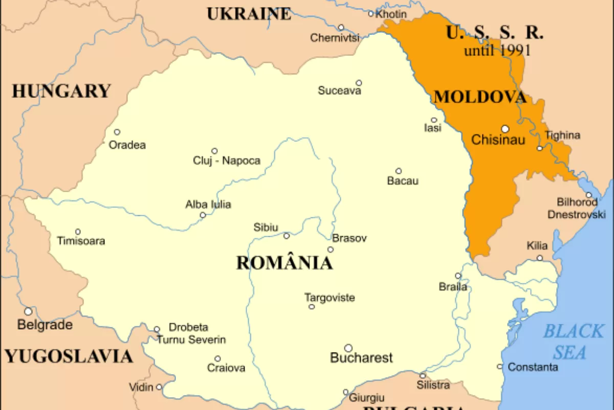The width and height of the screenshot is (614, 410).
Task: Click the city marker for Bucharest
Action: pos(348,348)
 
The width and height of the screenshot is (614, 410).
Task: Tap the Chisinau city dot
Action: pos(505,129)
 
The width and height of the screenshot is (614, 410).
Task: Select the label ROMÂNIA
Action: pos(284,263)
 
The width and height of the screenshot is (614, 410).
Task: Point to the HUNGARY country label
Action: pos(61,91)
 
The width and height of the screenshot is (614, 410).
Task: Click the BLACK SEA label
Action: pos(573,341)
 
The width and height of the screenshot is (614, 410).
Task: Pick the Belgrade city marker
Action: pos(28,311)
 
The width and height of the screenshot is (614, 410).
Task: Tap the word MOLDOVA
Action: pos(480,97)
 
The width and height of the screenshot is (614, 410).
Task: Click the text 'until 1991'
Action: pos(497,51)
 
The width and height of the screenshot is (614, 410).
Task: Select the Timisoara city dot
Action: pos(78,232)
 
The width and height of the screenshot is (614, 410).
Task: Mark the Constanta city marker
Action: pos(500,366)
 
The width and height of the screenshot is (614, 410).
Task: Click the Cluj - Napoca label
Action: pos(227,161)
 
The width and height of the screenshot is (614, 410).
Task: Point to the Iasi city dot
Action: pos(434,120)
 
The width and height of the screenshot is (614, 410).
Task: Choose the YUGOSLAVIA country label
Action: pos(69,356)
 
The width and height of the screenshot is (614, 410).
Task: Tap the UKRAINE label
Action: pos(249,14)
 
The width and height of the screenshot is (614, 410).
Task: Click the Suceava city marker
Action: pos(359,83)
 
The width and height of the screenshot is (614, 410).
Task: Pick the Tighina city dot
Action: pos(539,148)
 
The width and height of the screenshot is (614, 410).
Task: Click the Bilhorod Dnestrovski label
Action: pos(577,209)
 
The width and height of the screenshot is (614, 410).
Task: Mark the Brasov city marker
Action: pos(331,250)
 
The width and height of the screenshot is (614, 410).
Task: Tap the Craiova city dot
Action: pos(217,359)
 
